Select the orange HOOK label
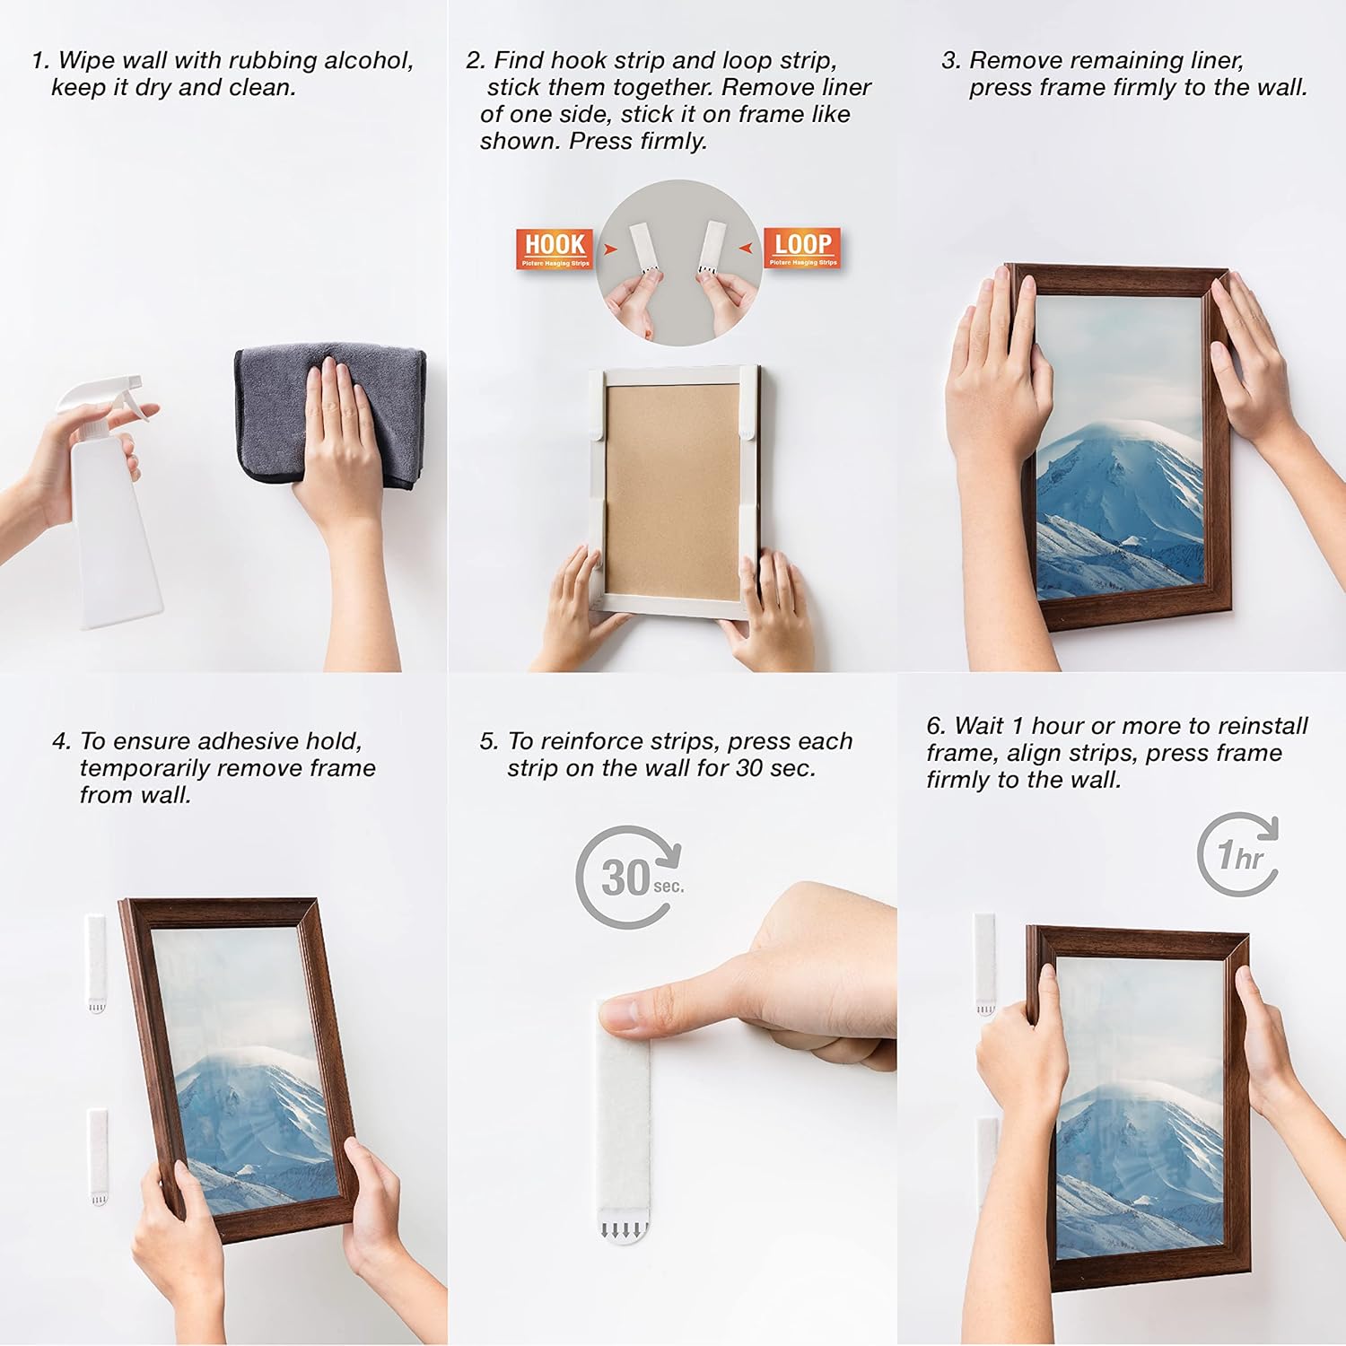coord(555,248)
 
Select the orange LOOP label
coord(802,247)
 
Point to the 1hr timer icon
coord(1239,854)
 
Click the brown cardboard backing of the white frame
coord(672,489)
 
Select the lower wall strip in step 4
coord(97,1158)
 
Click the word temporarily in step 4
coord(144,768)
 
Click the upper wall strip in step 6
coord(985,962)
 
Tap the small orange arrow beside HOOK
coord(610,249)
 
